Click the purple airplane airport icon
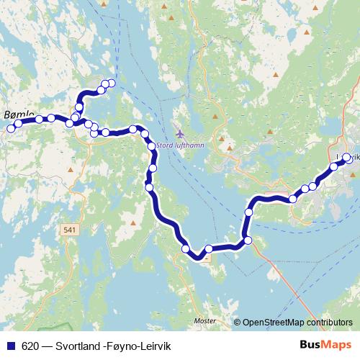[x=179, y=134]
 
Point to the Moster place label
[x=205, y=321]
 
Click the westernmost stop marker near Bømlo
[x=10, y=129]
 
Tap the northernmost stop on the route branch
[x=111, y=83]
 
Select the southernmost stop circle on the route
[x=186, y=249]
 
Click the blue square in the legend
[x=9, y=345]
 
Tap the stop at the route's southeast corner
[x=248, y=240]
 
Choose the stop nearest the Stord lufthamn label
[x=152, y=146]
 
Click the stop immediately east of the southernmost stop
[x=209, y=249]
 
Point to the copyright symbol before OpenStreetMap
[x=238, y=323]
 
